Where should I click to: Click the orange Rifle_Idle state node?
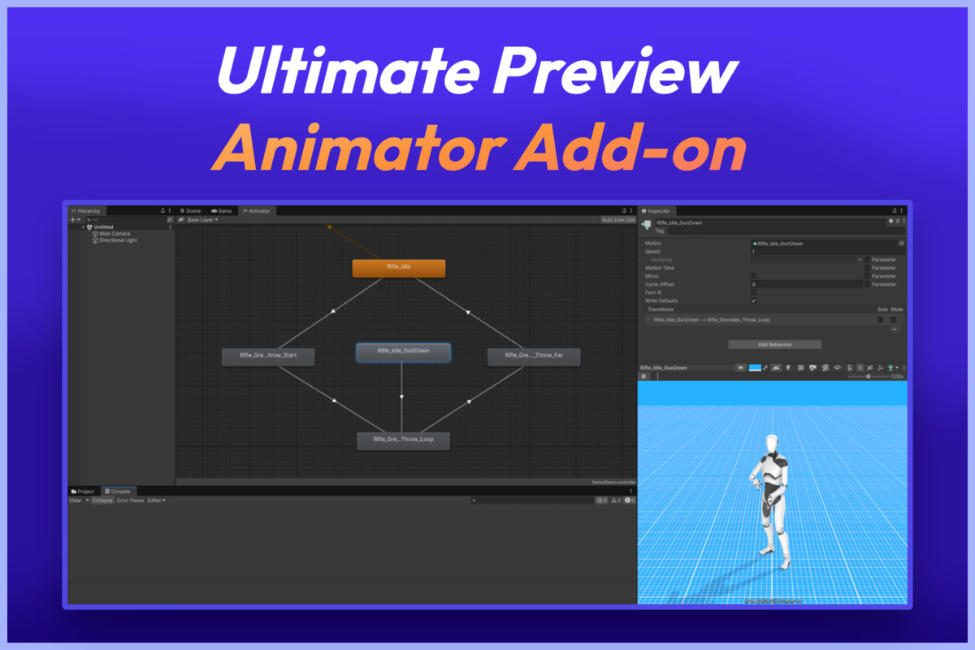pyautogui.click(x=398, y=268)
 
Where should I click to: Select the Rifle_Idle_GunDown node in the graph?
pyautogui.click(x=403, y=352)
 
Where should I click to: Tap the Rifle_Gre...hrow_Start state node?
pyautogui.click(x=268, y=356)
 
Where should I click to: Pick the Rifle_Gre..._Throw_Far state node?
pyautogui.click(x=534, y=356)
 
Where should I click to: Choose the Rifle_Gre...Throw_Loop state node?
pyautogui.click(x=403, y=440)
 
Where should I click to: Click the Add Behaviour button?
pyautogui.click(x=774, y=344)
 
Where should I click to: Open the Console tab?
pyautogui.click(x=119, y=492)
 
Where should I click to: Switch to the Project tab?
pyautogui.click(x=84, y=492)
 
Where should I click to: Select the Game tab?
pyautogui.click(x=222, y=211)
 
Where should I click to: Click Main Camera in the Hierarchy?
pyautogui.click(x=115, y=234)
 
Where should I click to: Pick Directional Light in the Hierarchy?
pyautogui.click(x=118, y=240)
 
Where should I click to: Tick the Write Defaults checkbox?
pyautogui.click(x=754, y=301)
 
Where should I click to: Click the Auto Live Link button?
pyautogui.click(x=618, y=220)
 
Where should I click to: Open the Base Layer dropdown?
pyautogui.click(x=202, y=220)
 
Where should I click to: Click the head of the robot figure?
pyautogui.click(x=770, y=444)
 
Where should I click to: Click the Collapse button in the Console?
pyautogui.click(x=102, y=500)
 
